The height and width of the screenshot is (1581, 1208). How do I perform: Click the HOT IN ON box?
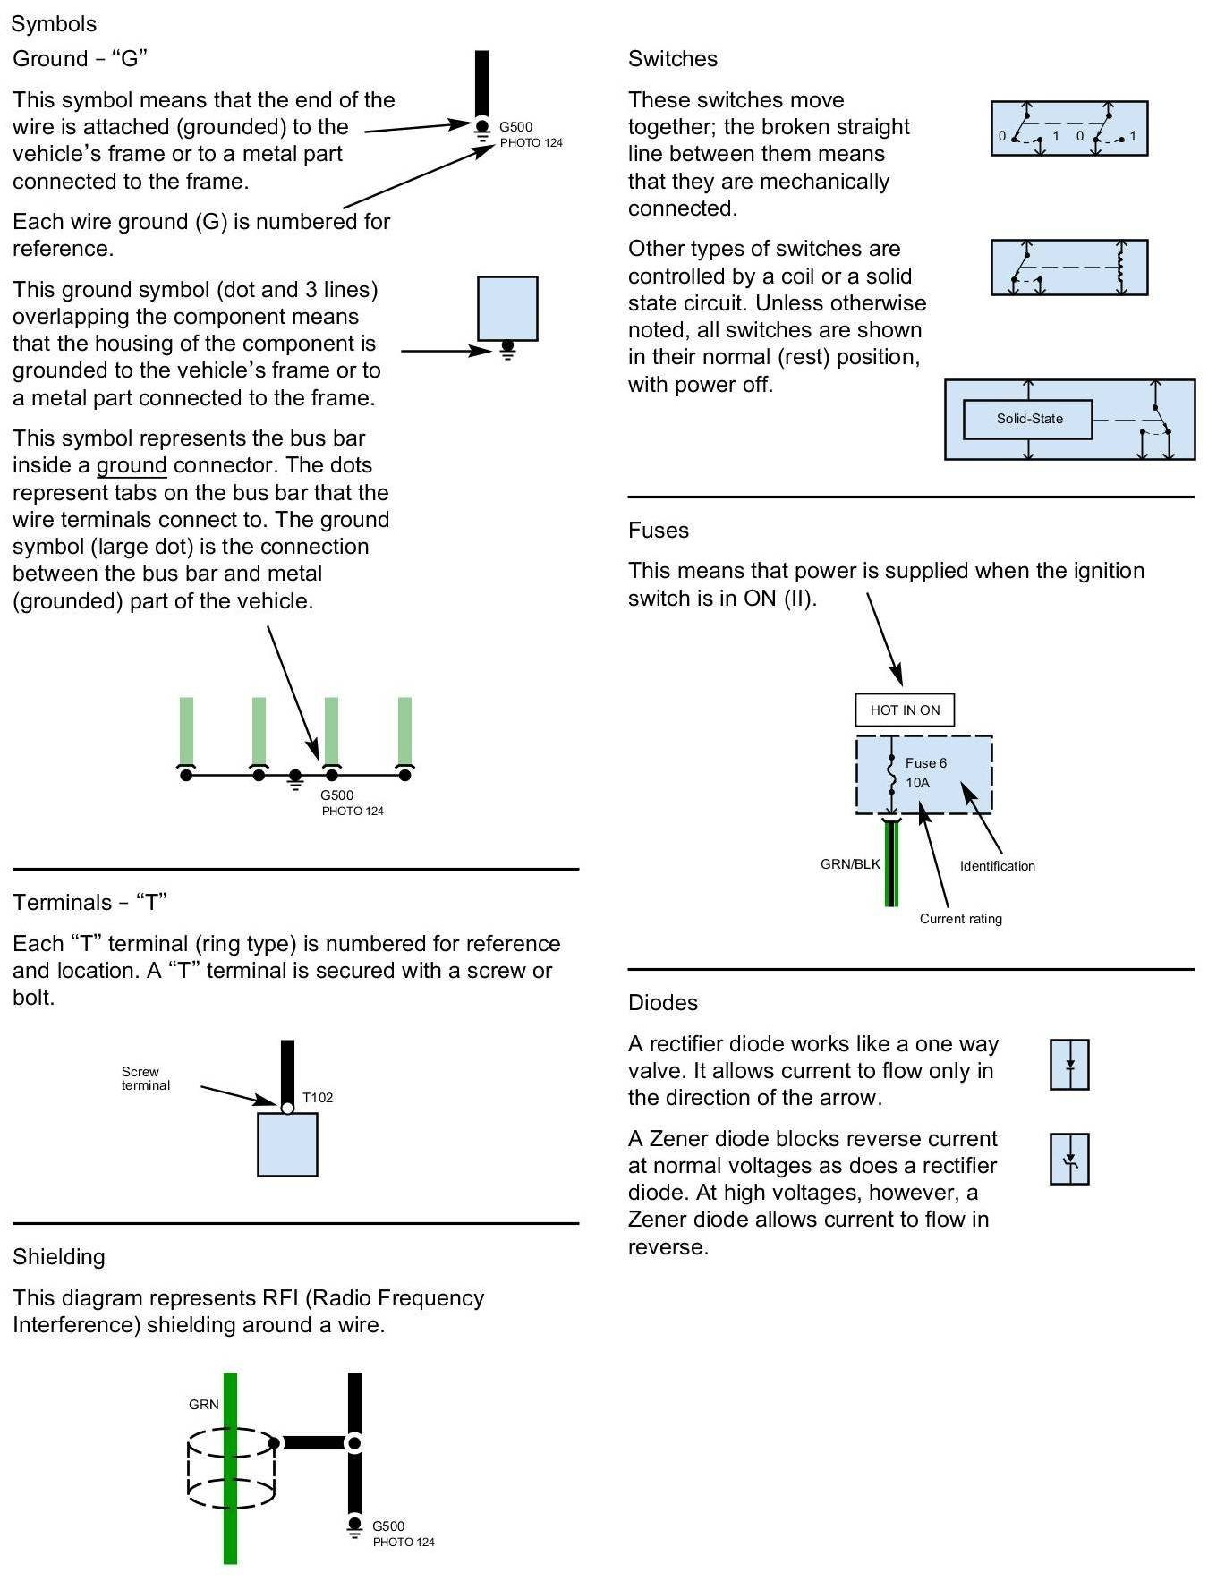pos(905,710)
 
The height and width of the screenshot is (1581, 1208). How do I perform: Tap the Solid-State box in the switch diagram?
pos(1027,419)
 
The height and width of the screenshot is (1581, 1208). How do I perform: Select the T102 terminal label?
pos(318,1097)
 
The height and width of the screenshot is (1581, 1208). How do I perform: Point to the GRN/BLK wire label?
pos(850,864)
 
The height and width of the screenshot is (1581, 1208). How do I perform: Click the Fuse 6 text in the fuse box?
pos(925,763)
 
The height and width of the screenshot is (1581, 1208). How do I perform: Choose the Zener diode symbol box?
pos(1069,1160)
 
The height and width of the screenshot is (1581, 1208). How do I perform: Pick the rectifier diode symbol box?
pos(1069,1065)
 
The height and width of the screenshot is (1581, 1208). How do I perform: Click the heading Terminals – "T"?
pos(90,902)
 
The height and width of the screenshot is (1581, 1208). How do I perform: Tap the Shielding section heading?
pos(59,1256)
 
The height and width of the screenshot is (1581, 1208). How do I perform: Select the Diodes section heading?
pos(663,1002)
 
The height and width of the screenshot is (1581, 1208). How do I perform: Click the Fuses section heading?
pos(659,530)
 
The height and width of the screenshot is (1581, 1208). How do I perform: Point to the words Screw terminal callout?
pos(145,1078)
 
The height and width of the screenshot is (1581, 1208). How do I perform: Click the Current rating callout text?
pos(960,919)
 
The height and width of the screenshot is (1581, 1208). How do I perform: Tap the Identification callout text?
pos(997,866)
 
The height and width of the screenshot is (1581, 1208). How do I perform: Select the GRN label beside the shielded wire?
pos(204,1404)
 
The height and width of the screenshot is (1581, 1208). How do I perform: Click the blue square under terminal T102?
pos(287,1144)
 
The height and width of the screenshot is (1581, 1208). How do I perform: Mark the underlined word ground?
pos(132,465)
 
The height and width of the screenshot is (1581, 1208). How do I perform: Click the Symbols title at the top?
pos(54,24)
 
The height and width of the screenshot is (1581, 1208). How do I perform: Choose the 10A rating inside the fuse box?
pos(917,783)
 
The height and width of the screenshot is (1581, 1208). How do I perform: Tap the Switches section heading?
pos(673,59)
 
